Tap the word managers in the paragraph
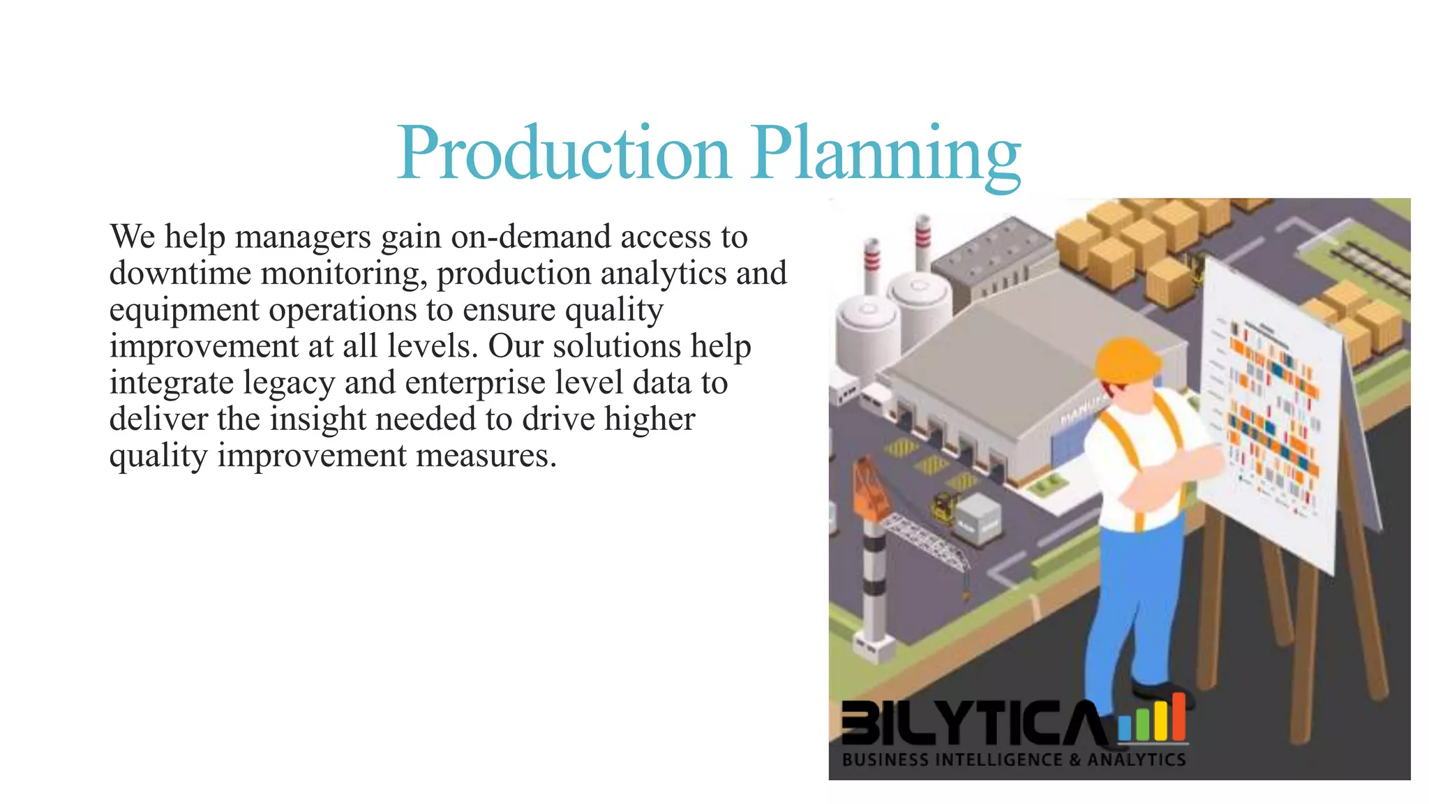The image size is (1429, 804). [303, 237]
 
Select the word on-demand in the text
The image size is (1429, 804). [531, 237]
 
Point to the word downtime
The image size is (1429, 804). [180, 273]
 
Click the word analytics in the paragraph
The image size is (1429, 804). [667, 273]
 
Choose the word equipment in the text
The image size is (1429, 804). [184, 311]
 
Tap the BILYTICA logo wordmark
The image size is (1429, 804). [973, 722]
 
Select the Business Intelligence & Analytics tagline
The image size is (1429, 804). [1013, 759]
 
